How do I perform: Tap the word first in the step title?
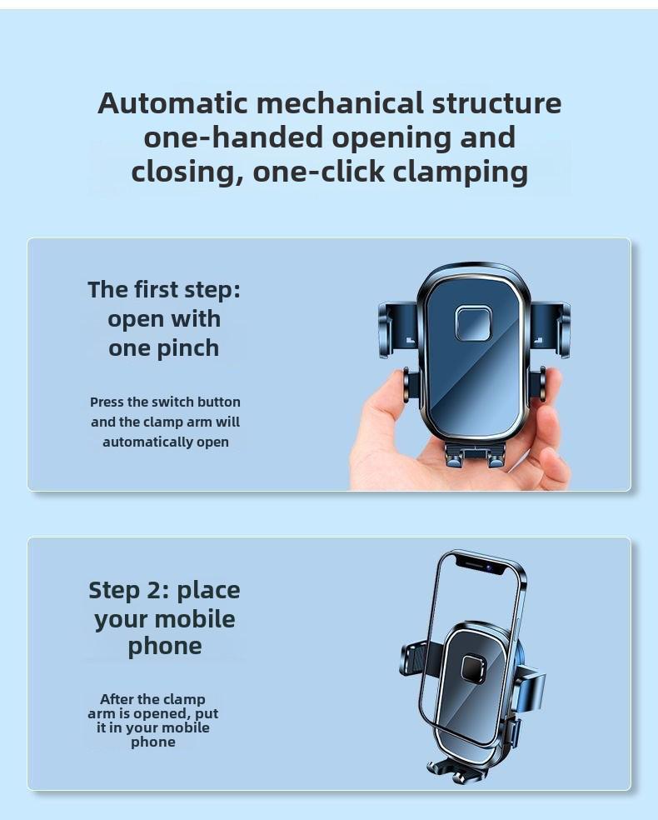[x=157, y=289]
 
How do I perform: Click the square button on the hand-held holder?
[x=473, y=323]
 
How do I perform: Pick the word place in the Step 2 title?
[x=208, y=590]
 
